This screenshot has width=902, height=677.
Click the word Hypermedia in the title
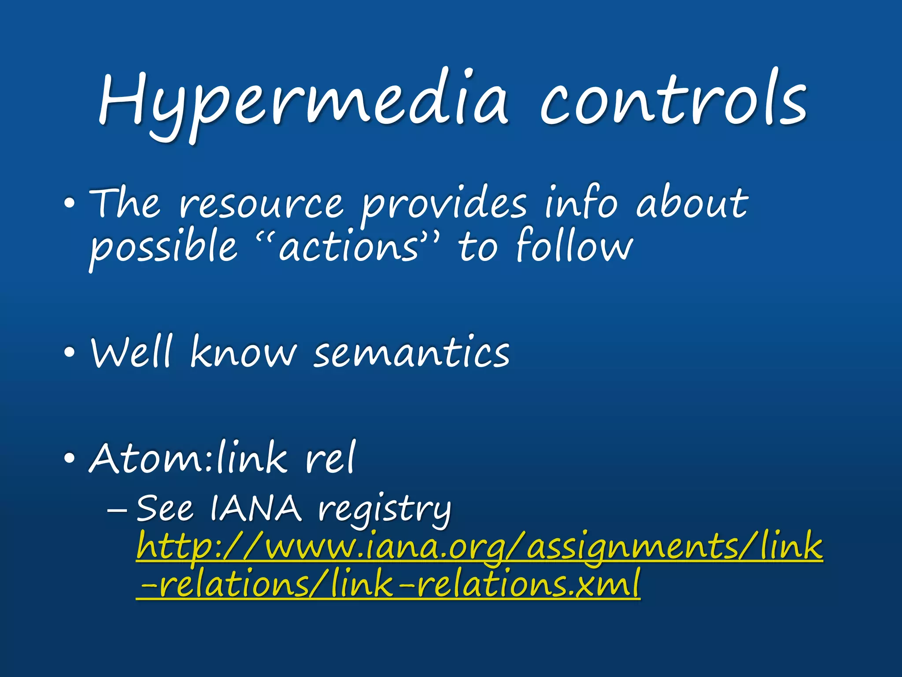coord(304,101)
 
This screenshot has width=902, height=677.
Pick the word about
coord(691,203)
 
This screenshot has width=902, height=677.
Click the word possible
coord(163,247)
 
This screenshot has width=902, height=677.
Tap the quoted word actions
coord(348,247)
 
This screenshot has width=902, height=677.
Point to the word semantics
coord(412,353)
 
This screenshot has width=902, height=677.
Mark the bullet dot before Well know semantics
coord(69,353)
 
